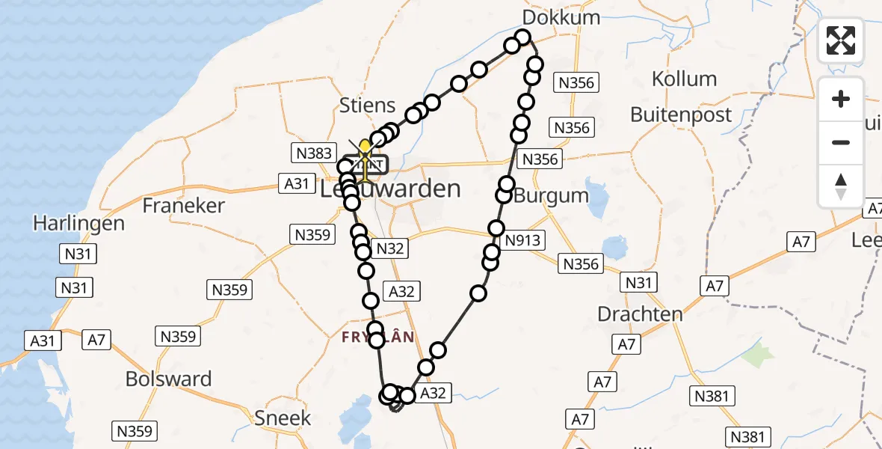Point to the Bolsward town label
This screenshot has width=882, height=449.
pyautogui.click(x=168, y=379)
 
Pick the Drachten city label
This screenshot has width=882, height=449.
pyautogui.click(x=641, y=314)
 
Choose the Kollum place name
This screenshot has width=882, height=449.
pyautogui.click(x=684, y=79)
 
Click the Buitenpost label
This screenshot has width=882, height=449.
pyautogui.click(x=681, y=114)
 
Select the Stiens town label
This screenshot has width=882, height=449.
pyautogui.click(x=367, y=106)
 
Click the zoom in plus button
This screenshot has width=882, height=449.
pyautogui.click(x=841, y=99)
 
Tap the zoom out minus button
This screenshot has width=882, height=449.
pyautogui.click(x=841, y=142)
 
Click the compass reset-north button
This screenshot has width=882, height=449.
pyautogui.click(x=841, y=186)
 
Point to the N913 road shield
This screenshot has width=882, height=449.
pyautogui.click(x=523, y=240)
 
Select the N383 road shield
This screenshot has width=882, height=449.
pyautogui.click(x=312, y=153)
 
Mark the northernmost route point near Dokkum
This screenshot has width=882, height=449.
pyautogui.click(x=522, y=37)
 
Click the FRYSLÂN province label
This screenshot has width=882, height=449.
pyautogui.click(x=377, y=337)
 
